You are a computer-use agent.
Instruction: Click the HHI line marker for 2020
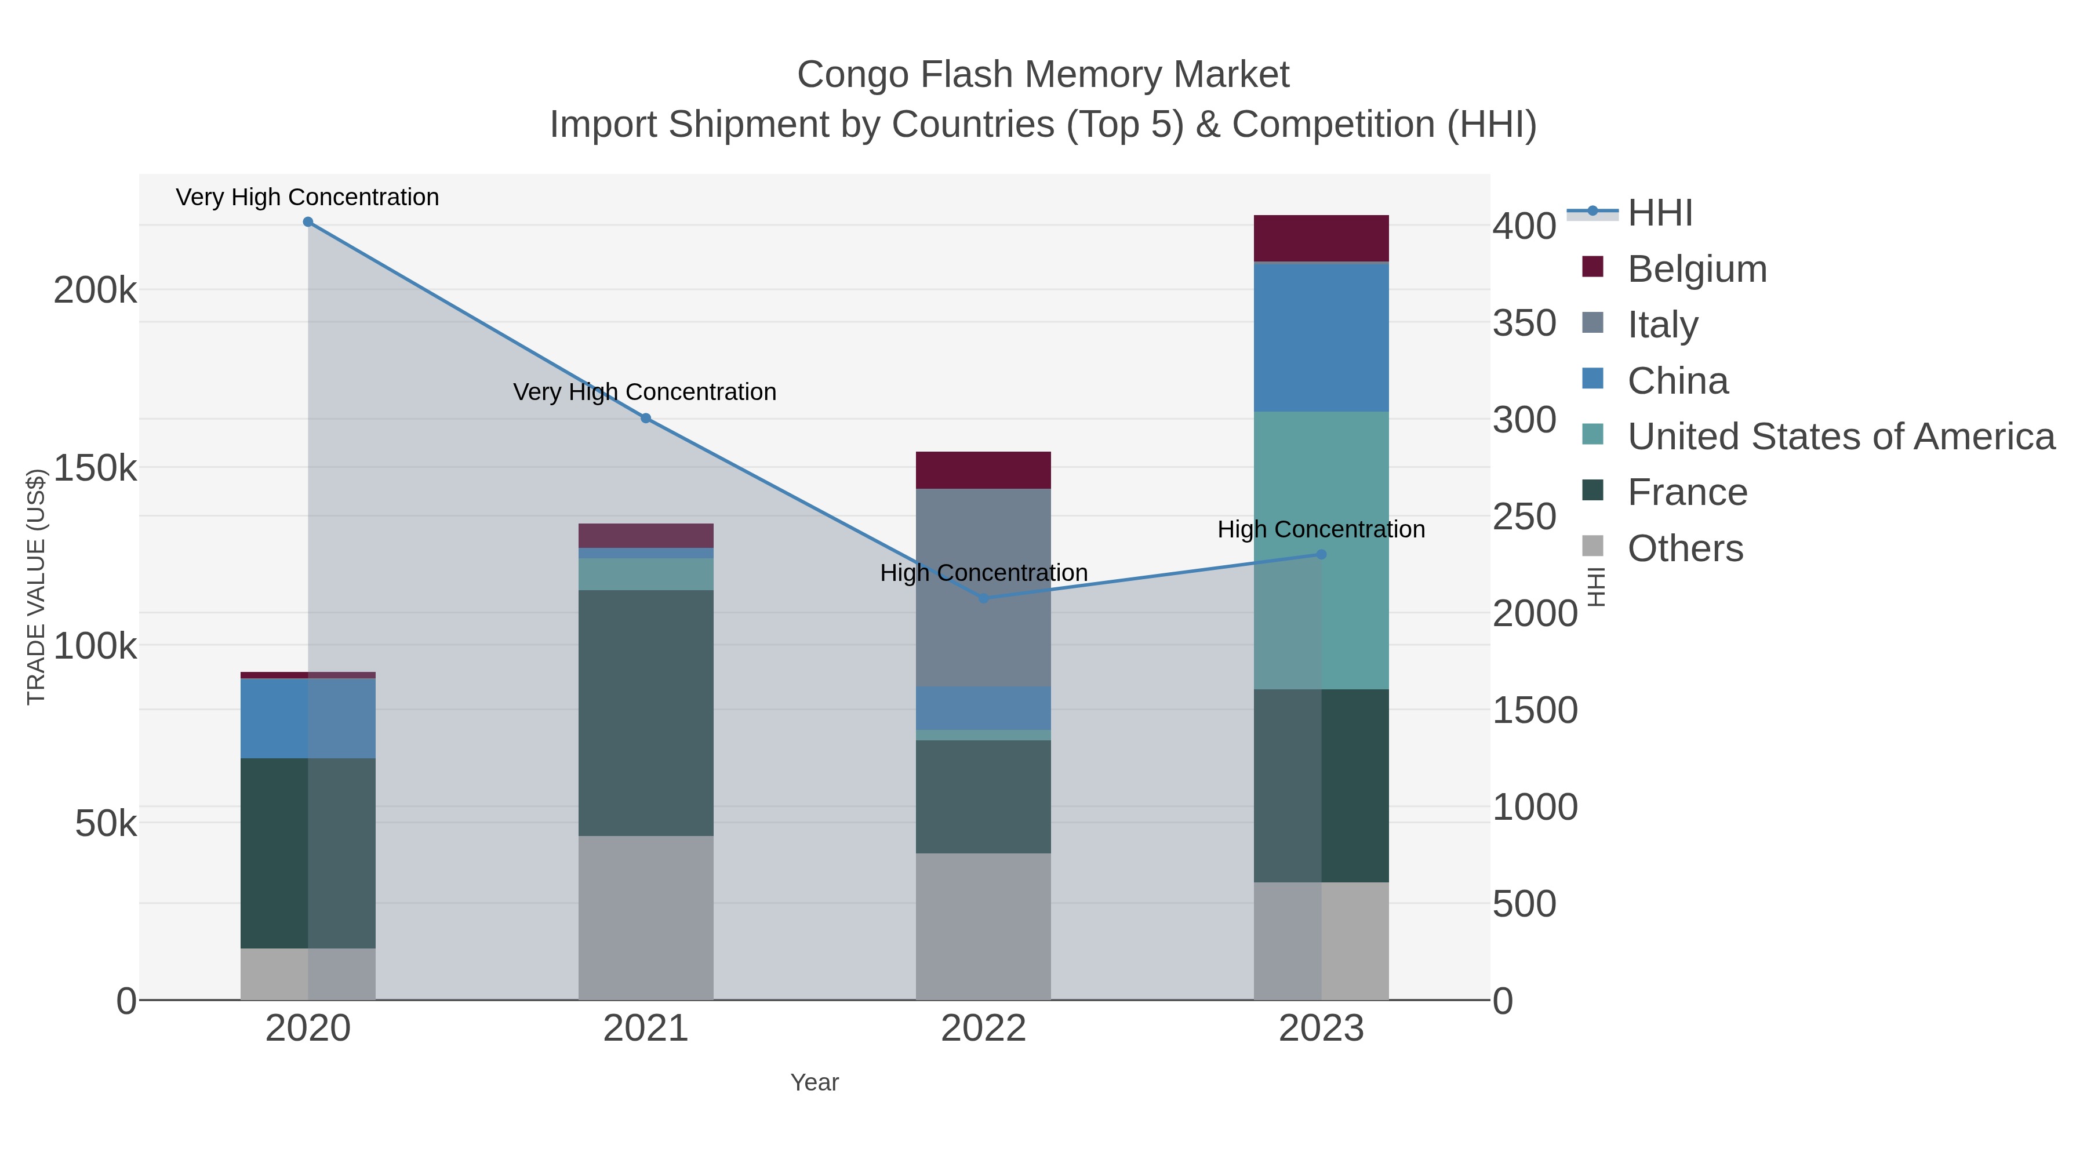click(308, 222)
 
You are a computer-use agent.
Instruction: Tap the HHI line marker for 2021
click(646, 418)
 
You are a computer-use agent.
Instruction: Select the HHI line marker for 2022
click(984, 598)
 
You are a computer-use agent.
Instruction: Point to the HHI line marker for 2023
click(1321, 554)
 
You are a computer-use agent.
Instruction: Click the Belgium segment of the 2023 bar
click(1321, 238)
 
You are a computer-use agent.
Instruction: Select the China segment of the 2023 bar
click(1321, 337)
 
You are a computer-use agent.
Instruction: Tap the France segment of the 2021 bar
click(646, 713)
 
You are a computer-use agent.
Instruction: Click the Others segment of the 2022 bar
click(984, 926)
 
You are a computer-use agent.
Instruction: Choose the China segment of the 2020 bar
click(308, 719)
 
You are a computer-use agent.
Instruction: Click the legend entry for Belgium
click(1696, 269)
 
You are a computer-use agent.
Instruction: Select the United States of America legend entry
click(1841, 437)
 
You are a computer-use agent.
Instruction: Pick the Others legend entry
click(1685, 548)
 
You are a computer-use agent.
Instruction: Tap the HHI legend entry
click(1659, 213)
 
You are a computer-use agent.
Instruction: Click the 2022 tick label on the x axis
click(984, 1029)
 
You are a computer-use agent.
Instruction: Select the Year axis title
click(815, 1082)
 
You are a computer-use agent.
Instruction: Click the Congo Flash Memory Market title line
click(1043, 75)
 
